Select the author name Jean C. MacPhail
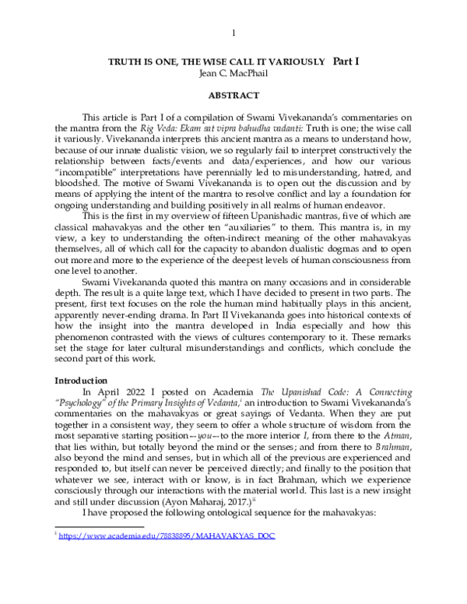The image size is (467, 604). (x=233, y=72)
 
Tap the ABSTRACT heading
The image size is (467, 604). (x=233, y=94)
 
